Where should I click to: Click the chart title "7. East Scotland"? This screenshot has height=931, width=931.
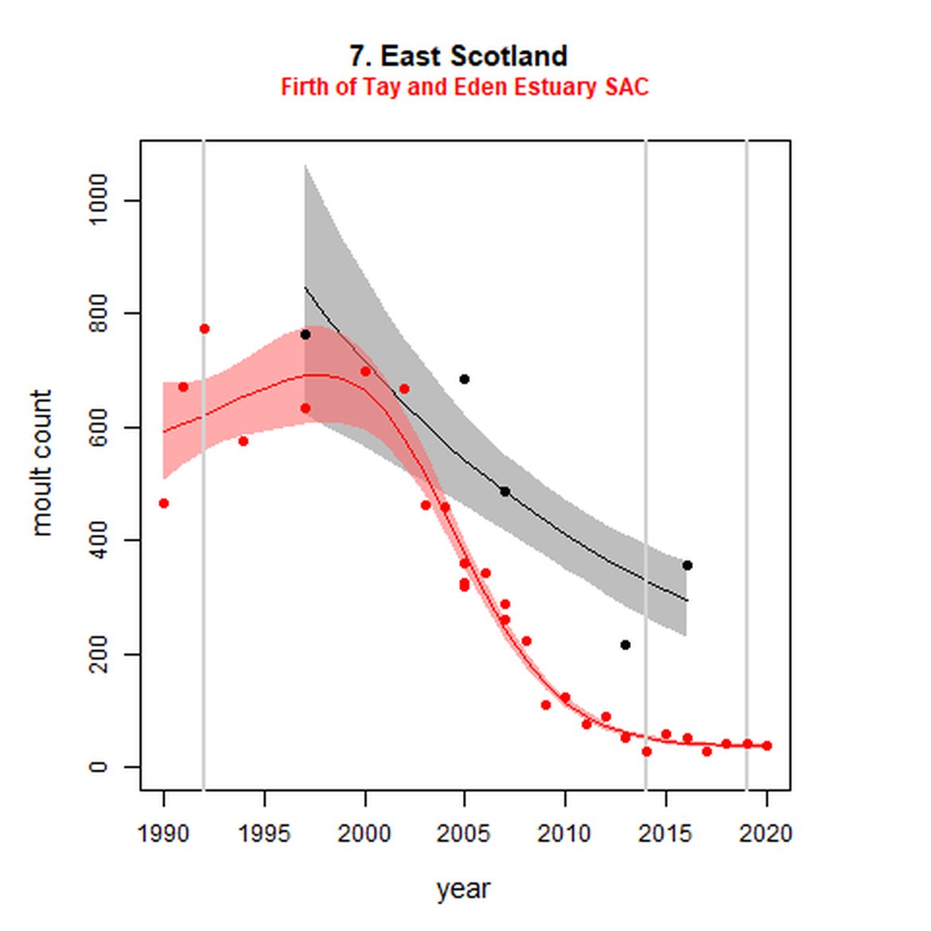pos(458,56)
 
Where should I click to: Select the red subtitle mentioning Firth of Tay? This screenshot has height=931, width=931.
pos(465,87)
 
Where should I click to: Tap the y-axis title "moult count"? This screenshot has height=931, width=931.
pos(41,462)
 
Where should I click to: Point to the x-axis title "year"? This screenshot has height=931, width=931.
pos(463,889)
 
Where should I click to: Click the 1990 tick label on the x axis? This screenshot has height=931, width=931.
pos(163,834)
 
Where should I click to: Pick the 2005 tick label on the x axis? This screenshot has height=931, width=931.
pos(464,834)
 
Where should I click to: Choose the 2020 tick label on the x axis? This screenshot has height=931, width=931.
pos(765,834)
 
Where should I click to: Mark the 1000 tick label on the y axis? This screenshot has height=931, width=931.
pos(99,200)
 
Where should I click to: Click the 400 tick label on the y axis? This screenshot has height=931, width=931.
pos(99,540)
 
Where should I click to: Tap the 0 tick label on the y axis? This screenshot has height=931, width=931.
pos(99,767)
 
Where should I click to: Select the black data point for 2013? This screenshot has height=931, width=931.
pos(625,645)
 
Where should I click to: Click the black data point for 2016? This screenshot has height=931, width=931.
pos(688,565)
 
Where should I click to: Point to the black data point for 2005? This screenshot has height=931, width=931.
pos(465,379)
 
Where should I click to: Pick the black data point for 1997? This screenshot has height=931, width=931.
pos(305,335)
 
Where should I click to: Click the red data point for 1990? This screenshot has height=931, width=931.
pos(164,503)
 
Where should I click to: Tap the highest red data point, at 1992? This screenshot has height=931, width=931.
pos(205,329)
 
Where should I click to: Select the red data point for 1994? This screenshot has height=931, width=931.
pos(243,441)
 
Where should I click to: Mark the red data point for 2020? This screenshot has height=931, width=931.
pos(767,746)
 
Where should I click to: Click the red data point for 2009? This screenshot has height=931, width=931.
pos(546,705)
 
